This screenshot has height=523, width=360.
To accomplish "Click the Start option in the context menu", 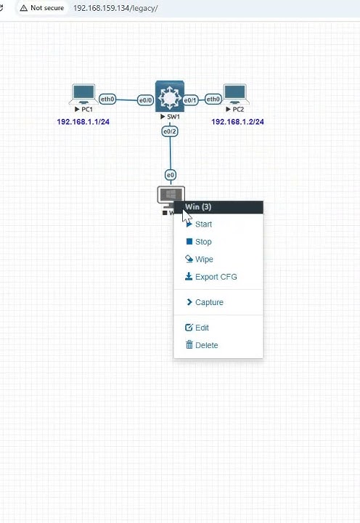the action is point(199,224).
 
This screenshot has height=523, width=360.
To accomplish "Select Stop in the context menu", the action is point(199,241).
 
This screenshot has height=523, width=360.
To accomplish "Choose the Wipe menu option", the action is point(199,259).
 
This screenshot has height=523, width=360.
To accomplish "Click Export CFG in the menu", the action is point(211,277).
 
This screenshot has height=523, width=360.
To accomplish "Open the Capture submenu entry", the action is point(205,302).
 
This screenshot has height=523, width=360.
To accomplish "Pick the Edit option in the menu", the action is point(197,328).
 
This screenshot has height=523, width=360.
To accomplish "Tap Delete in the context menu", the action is point(202,345).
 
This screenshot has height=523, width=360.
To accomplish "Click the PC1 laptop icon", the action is point(83,94).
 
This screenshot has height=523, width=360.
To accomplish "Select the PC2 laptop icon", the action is point(235,94).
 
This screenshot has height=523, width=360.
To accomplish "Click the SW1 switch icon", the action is point(170,97).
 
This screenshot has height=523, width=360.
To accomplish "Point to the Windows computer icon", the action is point(171,196).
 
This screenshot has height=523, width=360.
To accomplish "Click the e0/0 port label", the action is point(146,100).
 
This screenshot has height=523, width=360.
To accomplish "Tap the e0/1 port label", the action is point(190,100).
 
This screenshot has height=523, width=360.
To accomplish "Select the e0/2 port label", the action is point(170,131).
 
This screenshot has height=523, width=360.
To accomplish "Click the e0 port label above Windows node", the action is point(171,175).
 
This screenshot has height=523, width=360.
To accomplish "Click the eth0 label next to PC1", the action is point(107,99).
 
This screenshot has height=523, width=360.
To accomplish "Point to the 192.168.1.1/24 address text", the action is point(83,122).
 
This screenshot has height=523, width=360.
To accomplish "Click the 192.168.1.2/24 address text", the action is point(237,122).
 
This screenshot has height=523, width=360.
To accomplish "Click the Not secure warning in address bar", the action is point(42,8).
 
